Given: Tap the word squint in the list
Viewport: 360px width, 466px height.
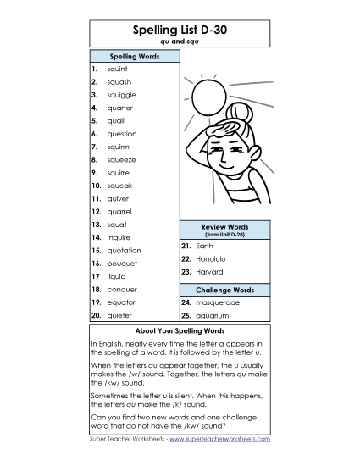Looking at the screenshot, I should click(119, 69).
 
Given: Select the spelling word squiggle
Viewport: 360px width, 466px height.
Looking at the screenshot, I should click(121, 95).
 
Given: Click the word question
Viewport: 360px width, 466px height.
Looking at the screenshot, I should click(122, 134).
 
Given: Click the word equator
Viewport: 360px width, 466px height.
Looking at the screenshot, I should click(120, 302).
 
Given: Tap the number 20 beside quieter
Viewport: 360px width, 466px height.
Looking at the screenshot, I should click(96, 315).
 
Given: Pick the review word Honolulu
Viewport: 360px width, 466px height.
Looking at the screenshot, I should click(211, 258).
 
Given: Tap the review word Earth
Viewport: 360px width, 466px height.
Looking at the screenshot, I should click(204, 246).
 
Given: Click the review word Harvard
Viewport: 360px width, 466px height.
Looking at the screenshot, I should click(208, 272).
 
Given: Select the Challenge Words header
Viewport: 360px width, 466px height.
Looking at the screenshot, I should click(224, 290).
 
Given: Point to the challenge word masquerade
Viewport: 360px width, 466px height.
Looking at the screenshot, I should click(217, 302).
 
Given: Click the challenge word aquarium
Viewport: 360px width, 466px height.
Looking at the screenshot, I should click(213, 315).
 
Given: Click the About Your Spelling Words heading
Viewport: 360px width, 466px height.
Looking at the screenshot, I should click(179, 330).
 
